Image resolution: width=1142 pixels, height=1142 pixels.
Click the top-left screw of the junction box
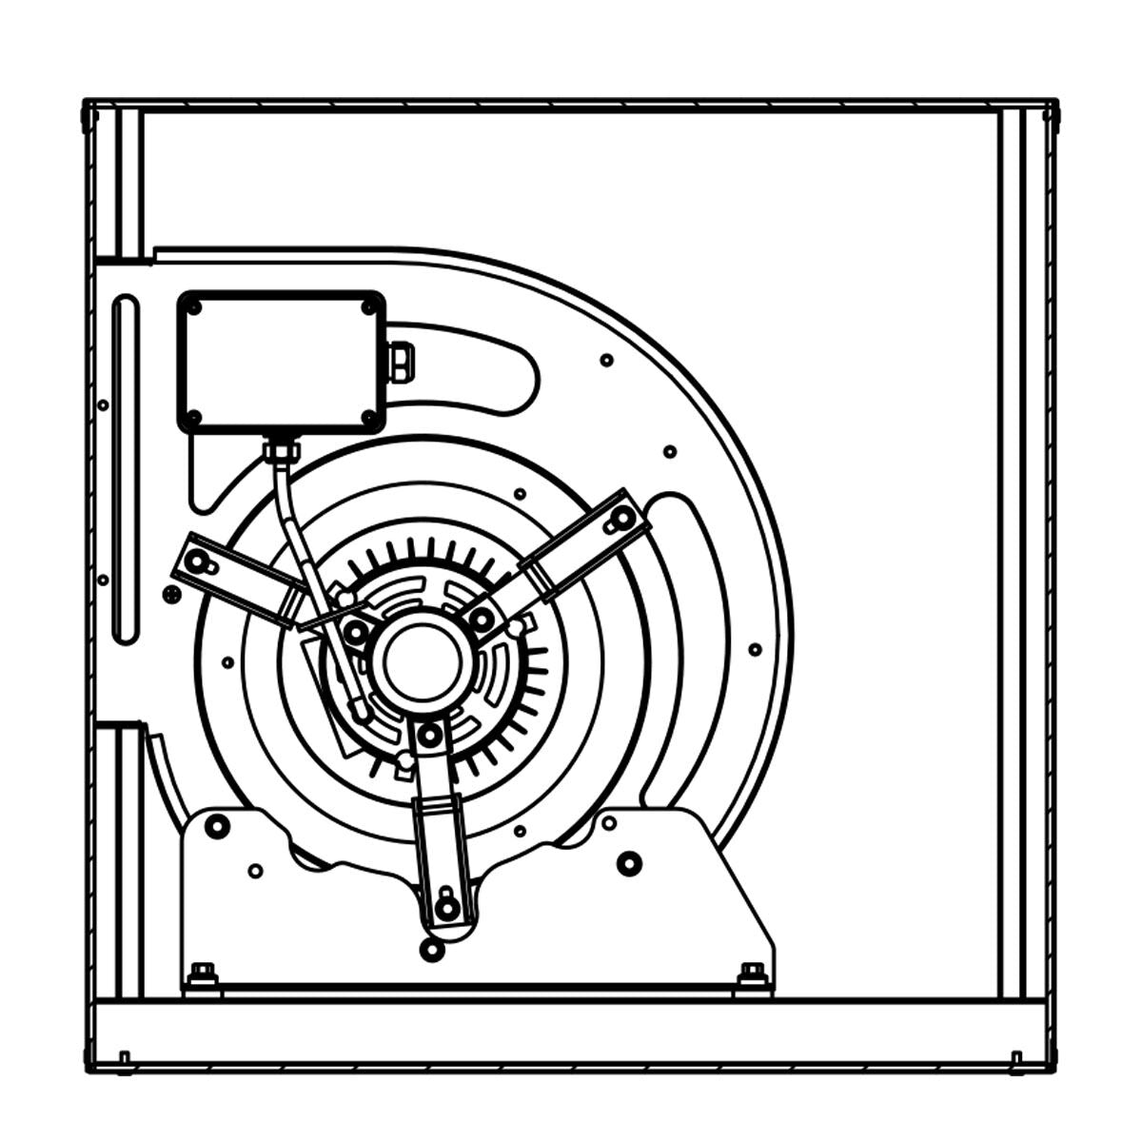click(194, 307)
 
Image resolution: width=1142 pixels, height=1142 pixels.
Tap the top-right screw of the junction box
click(369, 306)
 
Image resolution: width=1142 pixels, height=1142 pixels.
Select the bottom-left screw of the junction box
click(194, 417)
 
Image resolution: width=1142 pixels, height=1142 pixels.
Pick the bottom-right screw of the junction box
click(369, 417)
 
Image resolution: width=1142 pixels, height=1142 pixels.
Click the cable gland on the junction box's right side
click(401, 362)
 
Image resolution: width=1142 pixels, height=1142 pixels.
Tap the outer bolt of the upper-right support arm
click(622, 518)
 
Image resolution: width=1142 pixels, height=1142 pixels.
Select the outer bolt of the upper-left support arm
click(197, 561)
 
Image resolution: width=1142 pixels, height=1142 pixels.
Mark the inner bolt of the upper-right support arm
click(482, 620)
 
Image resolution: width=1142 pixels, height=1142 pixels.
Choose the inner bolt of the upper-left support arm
click(357, 630)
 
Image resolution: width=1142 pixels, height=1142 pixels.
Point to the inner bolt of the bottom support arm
click(429, 734)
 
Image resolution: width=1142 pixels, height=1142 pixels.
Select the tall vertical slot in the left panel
click(125, 471)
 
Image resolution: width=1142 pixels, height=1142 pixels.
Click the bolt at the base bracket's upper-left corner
click(217, 825)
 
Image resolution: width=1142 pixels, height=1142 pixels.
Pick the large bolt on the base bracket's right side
click(629, 863)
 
